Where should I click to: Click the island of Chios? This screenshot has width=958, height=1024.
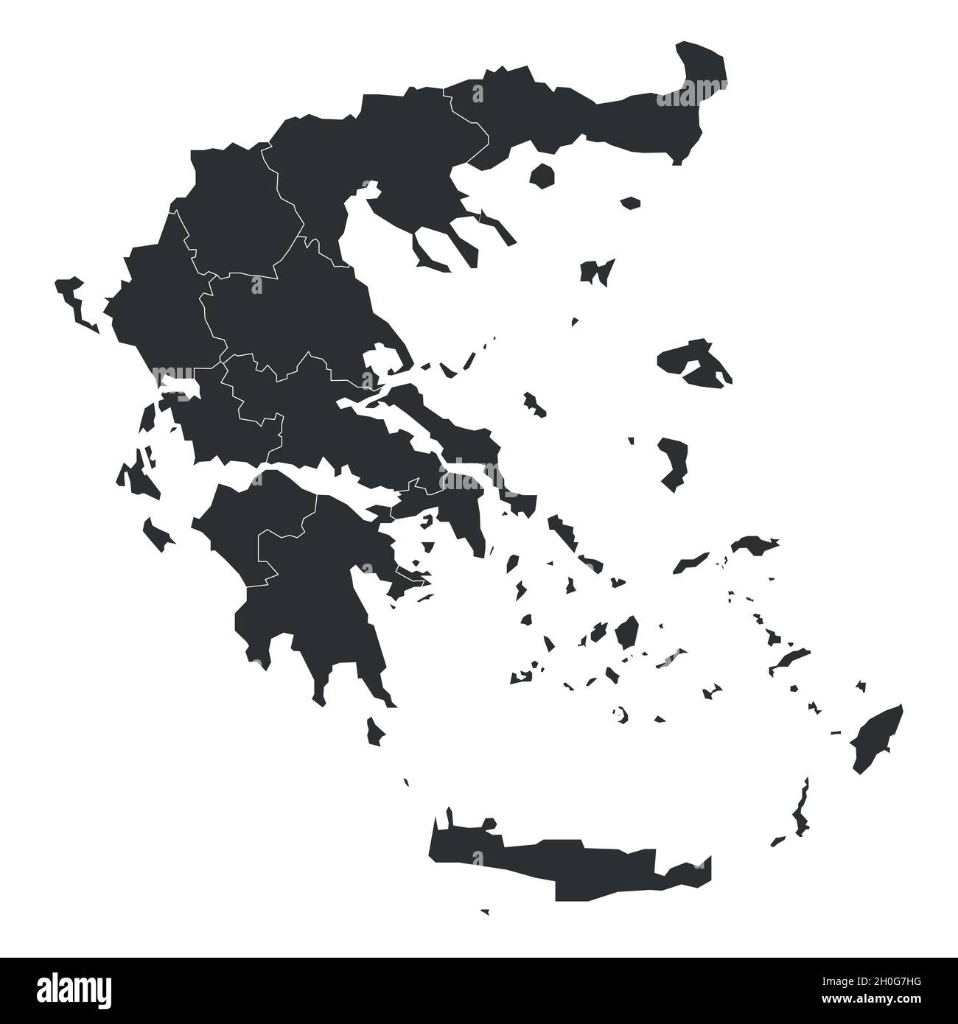[672, 460]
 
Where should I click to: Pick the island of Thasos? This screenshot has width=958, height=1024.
[543, 175]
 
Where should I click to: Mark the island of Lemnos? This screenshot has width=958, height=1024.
[597, 271]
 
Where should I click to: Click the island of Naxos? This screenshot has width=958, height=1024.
[627, 631]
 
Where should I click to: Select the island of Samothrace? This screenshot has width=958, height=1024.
[630, 202]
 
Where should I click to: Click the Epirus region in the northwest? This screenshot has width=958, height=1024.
[158, 302]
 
